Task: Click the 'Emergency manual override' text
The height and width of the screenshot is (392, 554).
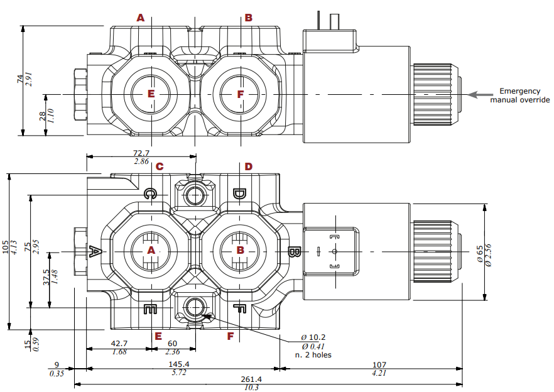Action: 519,95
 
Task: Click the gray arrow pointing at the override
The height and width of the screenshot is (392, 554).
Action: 481,95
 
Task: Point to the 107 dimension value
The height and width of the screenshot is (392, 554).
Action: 379,364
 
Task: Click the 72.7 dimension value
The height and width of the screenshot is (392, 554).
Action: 141,153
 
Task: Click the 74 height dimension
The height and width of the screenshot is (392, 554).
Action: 20,79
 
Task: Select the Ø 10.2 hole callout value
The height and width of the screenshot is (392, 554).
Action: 313,338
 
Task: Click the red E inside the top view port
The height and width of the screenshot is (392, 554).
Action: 151,94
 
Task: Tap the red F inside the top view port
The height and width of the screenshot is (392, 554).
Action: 240,94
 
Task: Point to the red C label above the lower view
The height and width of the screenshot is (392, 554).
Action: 160,166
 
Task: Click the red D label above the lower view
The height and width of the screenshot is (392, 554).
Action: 249,166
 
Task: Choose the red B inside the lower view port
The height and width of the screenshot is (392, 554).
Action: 240,250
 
